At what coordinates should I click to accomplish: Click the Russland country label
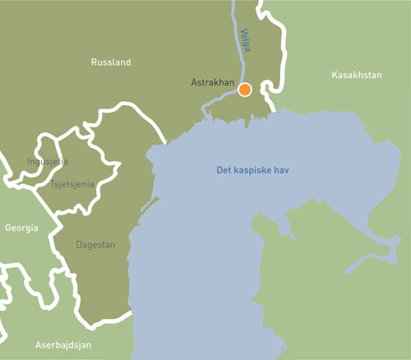(x=110, y=62)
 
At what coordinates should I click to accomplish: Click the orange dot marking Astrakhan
(x=245, y=90)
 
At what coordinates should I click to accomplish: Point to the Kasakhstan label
(x=357, y=75)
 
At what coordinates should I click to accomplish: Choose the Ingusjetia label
(x=48, y=161)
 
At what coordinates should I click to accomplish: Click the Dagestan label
(x=95, y=245)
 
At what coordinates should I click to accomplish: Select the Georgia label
(x=21, y=228)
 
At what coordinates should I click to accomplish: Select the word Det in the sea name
(x=224, y=171)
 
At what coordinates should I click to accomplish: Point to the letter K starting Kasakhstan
(x=335, y=75)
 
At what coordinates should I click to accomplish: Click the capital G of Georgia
(x=7, y=228)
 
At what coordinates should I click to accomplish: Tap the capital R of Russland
(x=93, y=62)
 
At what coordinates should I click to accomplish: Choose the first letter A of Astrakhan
(x=193, y=84)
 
